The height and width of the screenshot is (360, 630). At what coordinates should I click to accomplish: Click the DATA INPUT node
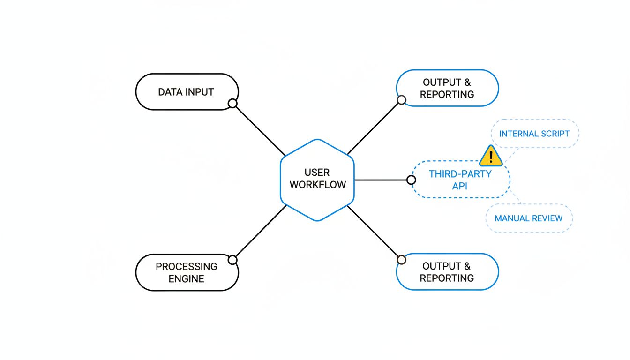(x=187, y=92)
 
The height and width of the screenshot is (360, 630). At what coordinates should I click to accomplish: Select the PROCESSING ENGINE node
(x=187, y=272)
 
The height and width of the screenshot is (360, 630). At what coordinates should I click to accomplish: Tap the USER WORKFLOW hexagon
(x=317, y=180)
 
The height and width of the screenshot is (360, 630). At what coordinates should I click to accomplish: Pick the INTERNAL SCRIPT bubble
(x=534, y=134)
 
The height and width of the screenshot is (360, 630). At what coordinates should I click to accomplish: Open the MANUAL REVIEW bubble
(x=528, y=218)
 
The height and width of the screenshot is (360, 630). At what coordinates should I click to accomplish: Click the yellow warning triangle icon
(x=491, y=156)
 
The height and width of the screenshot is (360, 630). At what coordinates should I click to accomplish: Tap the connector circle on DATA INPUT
(x=232, y=104)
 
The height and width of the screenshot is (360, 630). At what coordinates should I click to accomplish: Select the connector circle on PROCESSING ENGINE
(x=232, y=260)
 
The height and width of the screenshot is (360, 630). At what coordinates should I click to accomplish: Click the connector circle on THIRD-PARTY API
(x=411, y=180)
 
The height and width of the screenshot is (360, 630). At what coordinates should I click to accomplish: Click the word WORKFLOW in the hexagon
(x=317, y=185)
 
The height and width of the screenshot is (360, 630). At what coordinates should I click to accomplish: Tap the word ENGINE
(x=187, y=279)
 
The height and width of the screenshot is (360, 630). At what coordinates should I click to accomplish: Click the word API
(x=460, y=186)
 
